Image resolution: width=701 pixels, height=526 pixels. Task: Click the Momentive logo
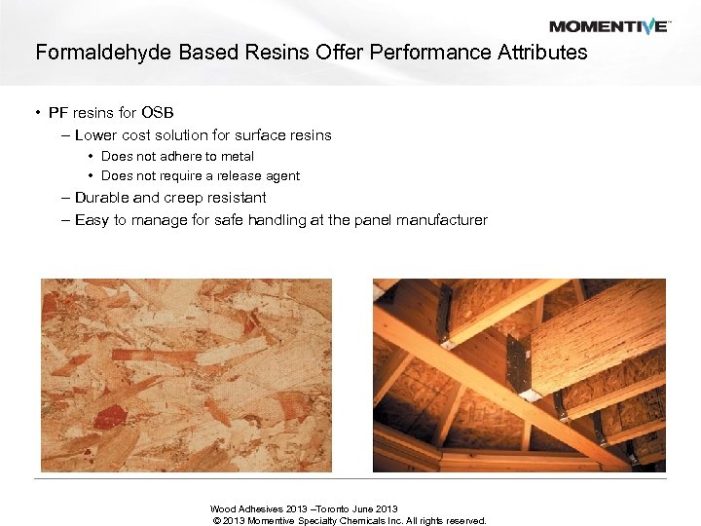point(609,26)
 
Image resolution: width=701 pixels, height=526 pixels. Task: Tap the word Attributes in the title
point(541,53)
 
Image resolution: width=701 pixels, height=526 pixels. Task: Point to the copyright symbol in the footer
point(215,521)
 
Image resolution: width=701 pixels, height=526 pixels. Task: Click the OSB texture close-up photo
point(186,375)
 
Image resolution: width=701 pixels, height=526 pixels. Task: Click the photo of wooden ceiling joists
point(519,375)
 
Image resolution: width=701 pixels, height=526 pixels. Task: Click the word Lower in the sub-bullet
point(96,135)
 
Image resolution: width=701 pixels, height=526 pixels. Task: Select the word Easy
point(92,220)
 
